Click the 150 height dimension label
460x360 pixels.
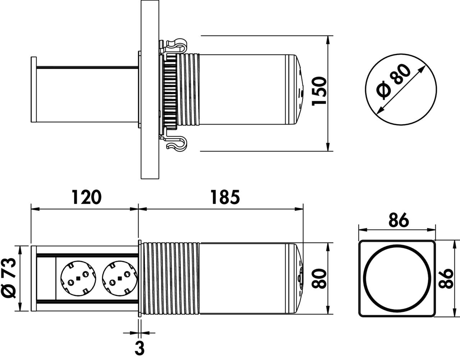tap(319, 91)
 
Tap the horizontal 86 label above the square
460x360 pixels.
tap(399, 220)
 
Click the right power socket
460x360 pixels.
tap(120, 278)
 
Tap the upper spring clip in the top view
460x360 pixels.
tap(176, 44)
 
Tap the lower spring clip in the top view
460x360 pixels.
tap(176, 143)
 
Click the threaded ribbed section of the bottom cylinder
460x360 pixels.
tap(171, 278)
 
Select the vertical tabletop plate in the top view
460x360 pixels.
tap(150, 90)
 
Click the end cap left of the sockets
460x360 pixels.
tap(34, 278)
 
